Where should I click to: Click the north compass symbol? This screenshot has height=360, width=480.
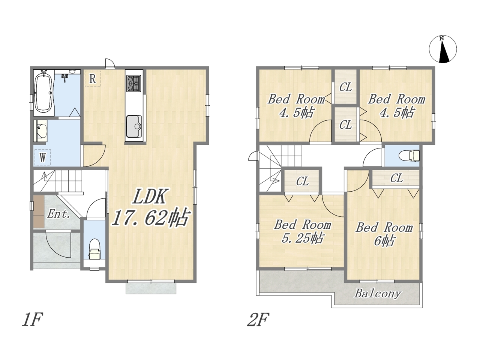442,49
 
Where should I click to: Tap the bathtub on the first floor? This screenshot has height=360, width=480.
44,93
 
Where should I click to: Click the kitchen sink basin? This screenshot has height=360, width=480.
134,126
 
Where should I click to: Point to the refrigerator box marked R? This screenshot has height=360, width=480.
93,79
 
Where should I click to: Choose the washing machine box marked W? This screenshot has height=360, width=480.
43,157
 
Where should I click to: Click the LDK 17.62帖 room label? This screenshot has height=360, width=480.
150,207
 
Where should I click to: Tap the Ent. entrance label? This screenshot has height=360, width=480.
58,214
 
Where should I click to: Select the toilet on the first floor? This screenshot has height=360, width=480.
94,249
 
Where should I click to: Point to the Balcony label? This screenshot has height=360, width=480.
378,293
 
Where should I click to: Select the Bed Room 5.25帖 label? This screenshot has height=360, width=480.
302,231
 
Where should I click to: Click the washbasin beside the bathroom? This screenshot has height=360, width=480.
40,131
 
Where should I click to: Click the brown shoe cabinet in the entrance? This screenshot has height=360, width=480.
39,211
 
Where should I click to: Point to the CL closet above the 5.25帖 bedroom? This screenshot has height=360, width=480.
302,181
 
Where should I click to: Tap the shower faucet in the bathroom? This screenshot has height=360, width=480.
65,77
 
